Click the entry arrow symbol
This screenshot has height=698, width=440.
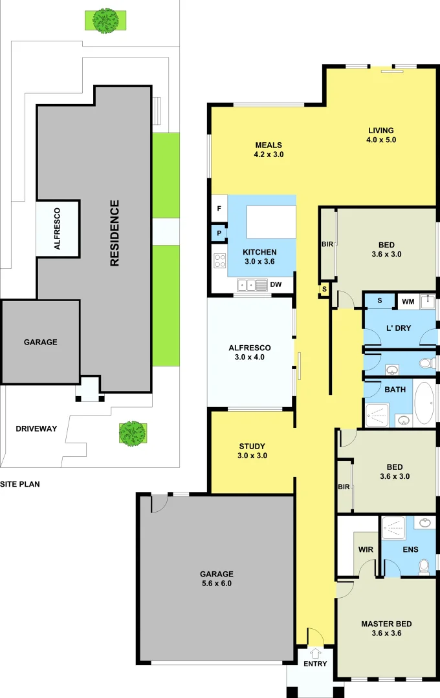point(315,652)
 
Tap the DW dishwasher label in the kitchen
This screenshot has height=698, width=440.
point(276,284)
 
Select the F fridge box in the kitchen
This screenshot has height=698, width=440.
point(219,209)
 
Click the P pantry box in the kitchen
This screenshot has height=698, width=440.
point(219,233)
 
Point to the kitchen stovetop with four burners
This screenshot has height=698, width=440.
point(219,261)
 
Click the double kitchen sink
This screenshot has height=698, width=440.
point(252,284)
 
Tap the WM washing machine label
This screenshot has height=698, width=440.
point(408,301)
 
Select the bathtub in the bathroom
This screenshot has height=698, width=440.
point(424,403)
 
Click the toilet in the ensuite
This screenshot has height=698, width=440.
point(424,567)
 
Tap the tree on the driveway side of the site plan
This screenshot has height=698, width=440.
point(132,433)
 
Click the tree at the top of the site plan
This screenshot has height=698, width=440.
point(104,20)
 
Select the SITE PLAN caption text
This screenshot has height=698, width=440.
point(20,483)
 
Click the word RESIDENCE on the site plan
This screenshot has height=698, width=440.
point(115,233)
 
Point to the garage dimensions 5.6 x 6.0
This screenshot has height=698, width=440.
point(216,583)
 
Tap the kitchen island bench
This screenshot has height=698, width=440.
point(271,222)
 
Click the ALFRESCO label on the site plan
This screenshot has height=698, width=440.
point(57,228)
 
